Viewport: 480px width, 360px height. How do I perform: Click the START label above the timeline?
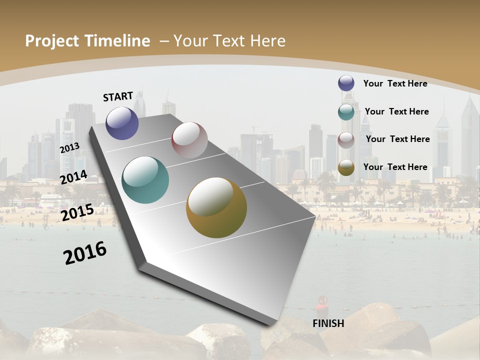(118, 96)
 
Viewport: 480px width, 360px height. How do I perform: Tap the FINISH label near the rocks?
(328, 323)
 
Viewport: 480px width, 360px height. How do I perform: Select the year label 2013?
(69, 148)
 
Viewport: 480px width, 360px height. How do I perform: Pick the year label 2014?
(73, 177)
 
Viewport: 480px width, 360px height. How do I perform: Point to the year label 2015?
(77, 212)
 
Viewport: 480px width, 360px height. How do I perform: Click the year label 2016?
(85, 252)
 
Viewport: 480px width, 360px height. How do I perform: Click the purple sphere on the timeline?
(122, 123)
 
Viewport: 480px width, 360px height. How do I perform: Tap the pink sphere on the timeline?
(189, 140)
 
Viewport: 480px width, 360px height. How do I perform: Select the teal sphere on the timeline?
(145, 180)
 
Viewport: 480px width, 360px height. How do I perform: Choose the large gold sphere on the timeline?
(216, 207)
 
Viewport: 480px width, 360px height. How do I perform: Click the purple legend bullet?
(346, 83)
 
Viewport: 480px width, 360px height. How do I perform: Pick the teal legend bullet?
(346, 112)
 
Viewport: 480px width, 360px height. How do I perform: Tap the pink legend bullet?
(346, 140)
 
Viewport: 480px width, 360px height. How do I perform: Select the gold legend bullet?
(346, 168)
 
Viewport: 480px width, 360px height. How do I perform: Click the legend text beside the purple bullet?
(395, 83)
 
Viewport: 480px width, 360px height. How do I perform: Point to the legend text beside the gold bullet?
(395, 167)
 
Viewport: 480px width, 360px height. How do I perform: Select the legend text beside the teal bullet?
(396, 111)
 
